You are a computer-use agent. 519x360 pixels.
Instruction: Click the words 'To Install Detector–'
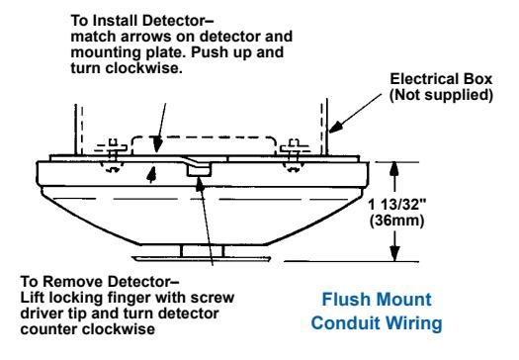[x=142, y=21]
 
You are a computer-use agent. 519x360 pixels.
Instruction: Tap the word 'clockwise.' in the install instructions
[x=143, y=68]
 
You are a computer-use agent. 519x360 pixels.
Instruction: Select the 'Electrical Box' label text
[x=441, y=79]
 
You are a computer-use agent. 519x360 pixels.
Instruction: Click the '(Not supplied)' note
[x=441, y=95]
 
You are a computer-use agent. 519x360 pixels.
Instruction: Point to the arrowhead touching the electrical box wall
[x=335, y=128]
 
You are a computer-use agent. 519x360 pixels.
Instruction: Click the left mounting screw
[x=114, y=155]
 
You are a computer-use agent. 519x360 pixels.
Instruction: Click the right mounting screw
[x=294, y=155]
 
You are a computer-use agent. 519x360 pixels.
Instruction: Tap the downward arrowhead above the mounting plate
[x=158, y=145]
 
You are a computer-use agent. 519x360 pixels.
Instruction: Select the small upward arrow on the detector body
[x=151, y=174]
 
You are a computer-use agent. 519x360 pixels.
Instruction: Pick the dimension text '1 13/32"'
[x=396, y=205]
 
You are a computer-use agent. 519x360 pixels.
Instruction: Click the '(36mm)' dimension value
[x=396, y=221]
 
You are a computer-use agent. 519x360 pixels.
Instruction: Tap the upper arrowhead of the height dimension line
[x=393, y=169]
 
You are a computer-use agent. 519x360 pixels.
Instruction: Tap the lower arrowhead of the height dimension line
[x=393, y=253]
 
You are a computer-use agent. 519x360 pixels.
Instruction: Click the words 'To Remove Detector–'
[x=100, y=282]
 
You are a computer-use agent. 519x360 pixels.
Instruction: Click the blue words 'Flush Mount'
[x=377, y=300]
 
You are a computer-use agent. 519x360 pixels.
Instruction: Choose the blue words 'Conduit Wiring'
[x=377, y=322]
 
